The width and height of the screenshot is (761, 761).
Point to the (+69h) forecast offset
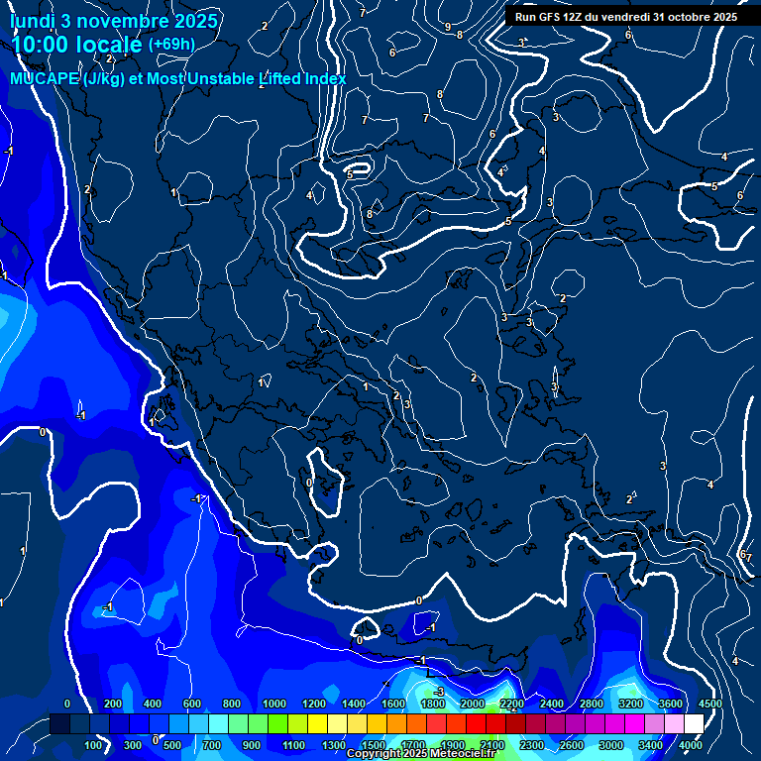pyautogui.click(x=171, y=45)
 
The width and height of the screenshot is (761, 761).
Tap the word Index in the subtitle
pyautogui.click(x=322, y=79)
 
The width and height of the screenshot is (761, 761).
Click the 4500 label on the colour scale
pyautogui.click(x=709, y=705)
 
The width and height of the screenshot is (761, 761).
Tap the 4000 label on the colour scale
pyautogui.click(x=691, y=745)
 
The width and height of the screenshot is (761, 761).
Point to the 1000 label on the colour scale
pyautogui.click(x=274, y=705)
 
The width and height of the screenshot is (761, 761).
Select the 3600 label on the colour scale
pyautogui.click(x=671, y=705)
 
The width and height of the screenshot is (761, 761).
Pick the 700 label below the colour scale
pyautogui.click(x=211, y=745)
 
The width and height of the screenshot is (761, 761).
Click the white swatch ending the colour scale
pyautogui.click(x=693, y=725)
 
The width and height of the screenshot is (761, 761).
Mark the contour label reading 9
pyautogui.click(x=448, y=27)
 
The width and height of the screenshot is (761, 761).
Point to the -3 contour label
pyautogui.click(x=437, y=692)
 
